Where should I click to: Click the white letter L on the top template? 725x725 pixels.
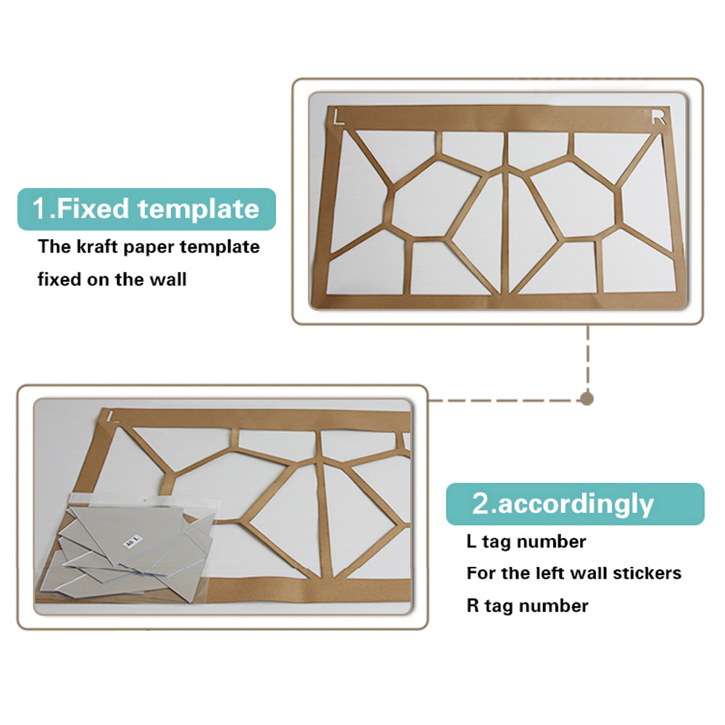339,117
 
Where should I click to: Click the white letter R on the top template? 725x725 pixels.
658,117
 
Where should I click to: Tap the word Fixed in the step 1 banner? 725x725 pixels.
93,209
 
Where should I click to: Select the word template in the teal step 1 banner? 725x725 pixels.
199,209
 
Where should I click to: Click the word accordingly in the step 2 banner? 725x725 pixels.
576,505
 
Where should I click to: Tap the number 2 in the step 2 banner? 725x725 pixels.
481,503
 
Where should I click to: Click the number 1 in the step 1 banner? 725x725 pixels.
39,209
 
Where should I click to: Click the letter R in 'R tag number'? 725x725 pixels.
473,605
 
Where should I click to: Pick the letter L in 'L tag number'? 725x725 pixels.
472,541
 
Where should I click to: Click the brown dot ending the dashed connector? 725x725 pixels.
587,399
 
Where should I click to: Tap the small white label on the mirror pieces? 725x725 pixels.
133,542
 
